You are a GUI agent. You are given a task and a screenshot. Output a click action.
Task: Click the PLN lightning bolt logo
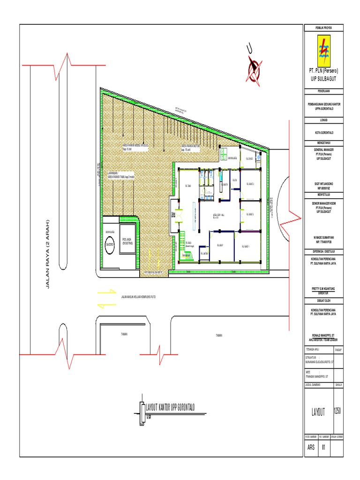[x=323, y=51]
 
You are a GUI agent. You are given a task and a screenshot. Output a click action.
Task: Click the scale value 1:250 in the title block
[x=337, y=411]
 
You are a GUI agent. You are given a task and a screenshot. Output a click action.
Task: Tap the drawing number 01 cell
[x=324, y=447]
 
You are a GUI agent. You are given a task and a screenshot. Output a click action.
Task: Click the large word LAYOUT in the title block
[x=318, y=412]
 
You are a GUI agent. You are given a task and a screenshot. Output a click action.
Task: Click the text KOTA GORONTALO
[x=323, y=132]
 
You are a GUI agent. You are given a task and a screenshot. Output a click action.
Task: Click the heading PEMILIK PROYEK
[x=323, y=29]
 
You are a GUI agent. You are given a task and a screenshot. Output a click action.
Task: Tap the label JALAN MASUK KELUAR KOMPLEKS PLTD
[x=138, y=297]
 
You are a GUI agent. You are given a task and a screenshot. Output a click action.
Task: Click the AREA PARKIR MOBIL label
[x=135, y=146]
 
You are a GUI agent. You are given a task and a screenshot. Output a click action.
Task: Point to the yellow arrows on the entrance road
[x=106, y=299]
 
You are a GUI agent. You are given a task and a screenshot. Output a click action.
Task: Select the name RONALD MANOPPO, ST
[x=323, y=335]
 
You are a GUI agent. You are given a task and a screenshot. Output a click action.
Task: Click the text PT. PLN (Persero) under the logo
[x=323, y=70]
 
